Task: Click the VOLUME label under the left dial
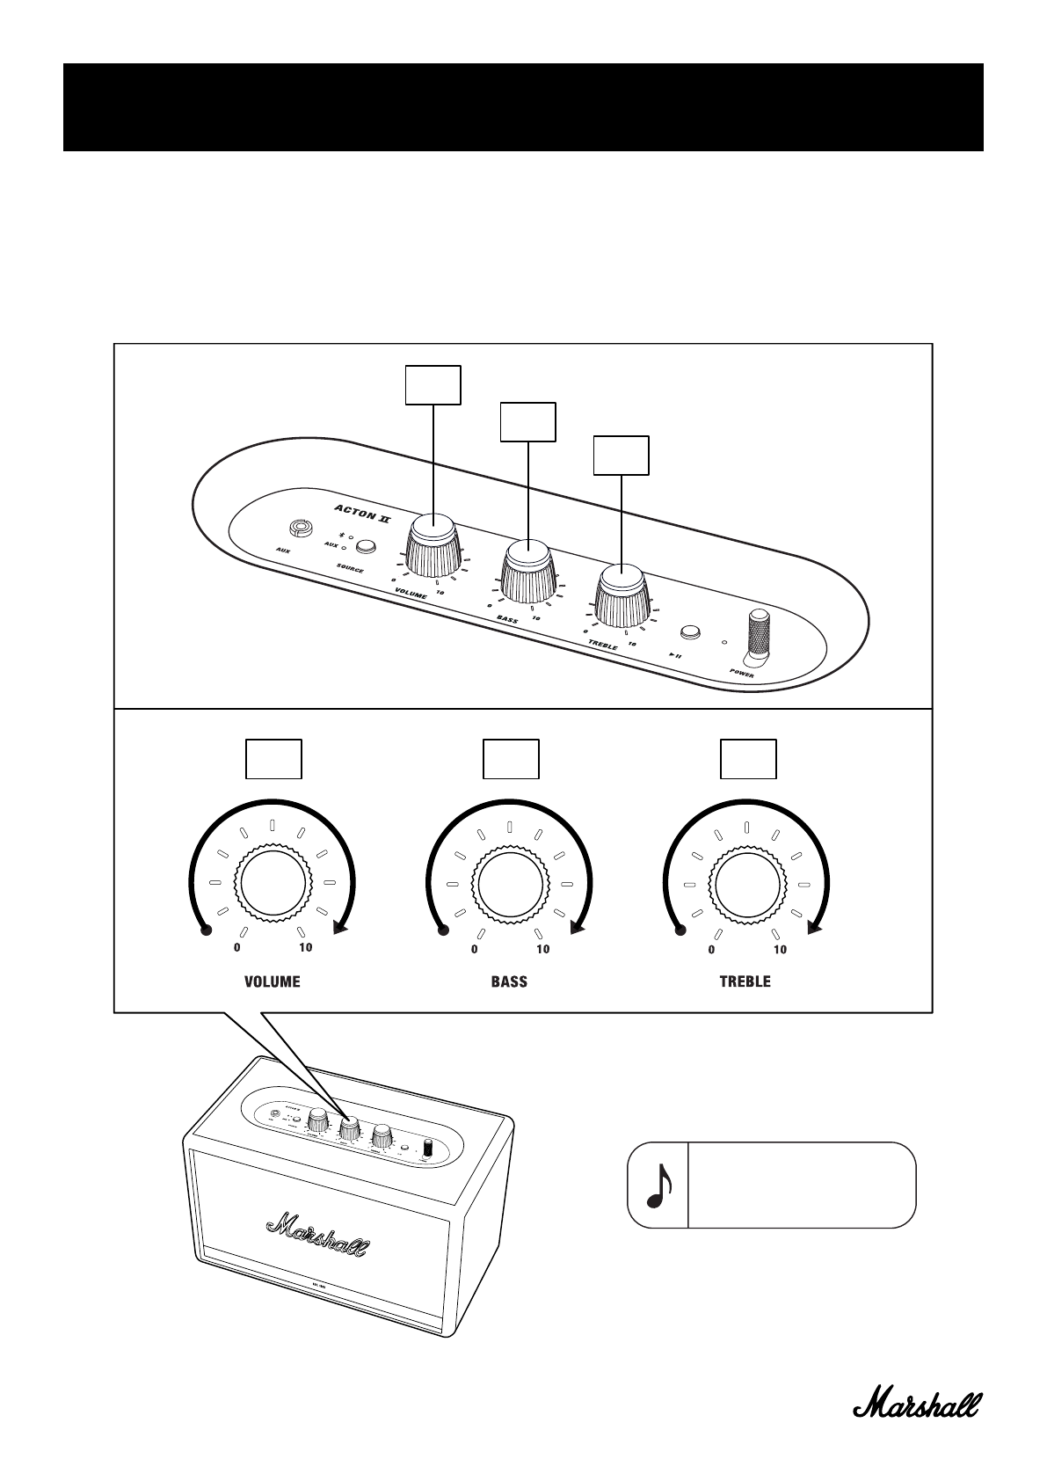click(x=272, y=981)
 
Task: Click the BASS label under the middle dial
click(x=509, y=981)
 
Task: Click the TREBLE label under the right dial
click(x=745, y=981)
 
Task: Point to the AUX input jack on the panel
click(x=301, y=529)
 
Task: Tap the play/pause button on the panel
click(x=690, y=631)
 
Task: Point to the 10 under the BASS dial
click(x=543, y=949)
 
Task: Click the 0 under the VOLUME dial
click(x=236, y=948)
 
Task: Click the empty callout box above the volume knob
click(x=433, y=384)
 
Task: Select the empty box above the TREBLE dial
click(x=748, y=759)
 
